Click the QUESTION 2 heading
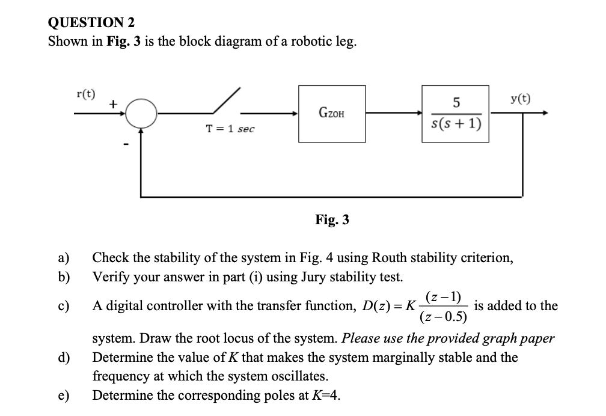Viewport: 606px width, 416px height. pos(91,22)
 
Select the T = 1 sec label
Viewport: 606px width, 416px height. pos(230,129)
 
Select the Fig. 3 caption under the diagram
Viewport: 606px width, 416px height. pos(332,220)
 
